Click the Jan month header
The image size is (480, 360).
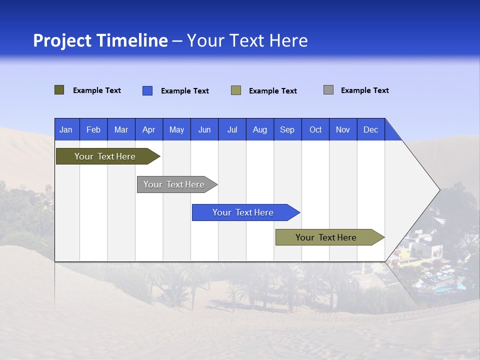[x=66, y=129]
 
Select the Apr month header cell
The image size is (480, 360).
[x=148, y=129]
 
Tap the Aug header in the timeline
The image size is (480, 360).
[x=259, y=129]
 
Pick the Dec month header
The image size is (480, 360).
[x=370, y=129]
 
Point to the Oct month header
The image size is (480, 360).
[x=315, y=129]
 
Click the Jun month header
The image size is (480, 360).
[x=204, y=129]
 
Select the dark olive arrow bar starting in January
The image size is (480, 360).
[x=105, y=156]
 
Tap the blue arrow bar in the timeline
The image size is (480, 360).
[x=243, y=212]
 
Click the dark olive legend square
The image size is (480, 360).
[x=59, y=90]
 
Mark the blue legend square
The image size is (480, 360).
[x=147, y=90]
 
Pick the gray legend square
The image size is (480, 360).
[x=328, y=90]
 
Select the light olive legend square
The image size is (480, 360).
[x=236, y=90]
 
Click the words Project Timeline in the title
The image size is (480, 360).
[x=100, y=40]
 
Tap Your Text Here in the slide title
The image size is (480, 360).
[x=247, y=40]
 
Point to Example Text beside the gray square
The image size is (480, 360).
[x=364, y=90]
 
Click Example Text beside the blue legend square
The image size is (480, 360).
[x=184, y=91]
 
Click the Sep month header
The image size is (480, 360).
[x=287, y=129]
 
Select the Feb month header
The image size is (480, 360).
[x=93, y=129]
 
